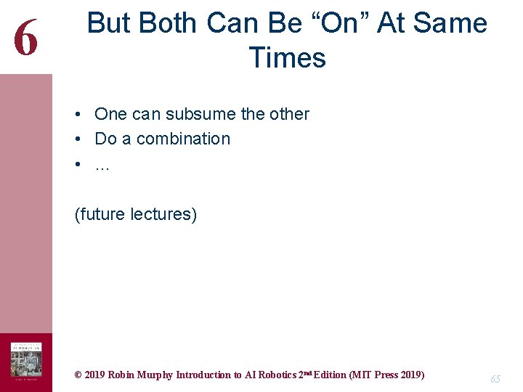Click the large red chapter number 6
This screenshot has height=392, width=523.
[25, 37]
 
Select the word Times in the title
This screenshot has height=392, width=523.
[288, 57]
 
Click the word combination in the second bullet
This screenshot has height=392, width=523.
[183, 139]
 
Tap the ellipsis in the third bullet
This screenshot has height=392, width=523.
[102, 166]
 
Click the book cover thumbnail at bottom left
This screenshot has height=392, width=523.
[25, 362]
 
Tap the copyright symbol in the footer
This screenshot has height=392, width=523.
[78, 375]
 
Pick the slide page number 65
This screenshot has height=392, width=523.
[495, 379]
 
